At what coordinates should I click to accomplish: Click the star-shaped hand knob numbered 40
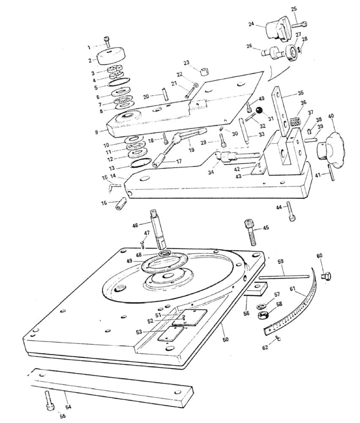coord(331,145)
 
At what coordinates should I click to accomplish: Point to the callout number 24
coord(251,25)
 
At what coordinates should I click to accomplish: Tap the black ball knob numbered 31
coord(259,111)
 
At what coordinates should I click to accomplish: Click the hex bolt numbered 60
coord(326,276)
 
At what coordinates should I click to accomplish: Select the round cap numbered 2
coord(112,56)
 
